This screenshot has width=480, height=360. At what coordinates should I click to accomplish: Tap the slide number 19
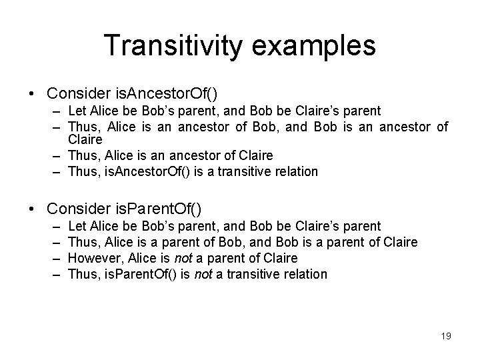(446, 336)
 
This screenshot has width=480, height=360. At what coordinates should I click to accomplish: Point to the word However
(93, 258)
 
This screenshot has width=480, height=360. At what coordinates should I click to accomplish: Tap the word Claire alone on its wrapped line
(85, 141)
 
